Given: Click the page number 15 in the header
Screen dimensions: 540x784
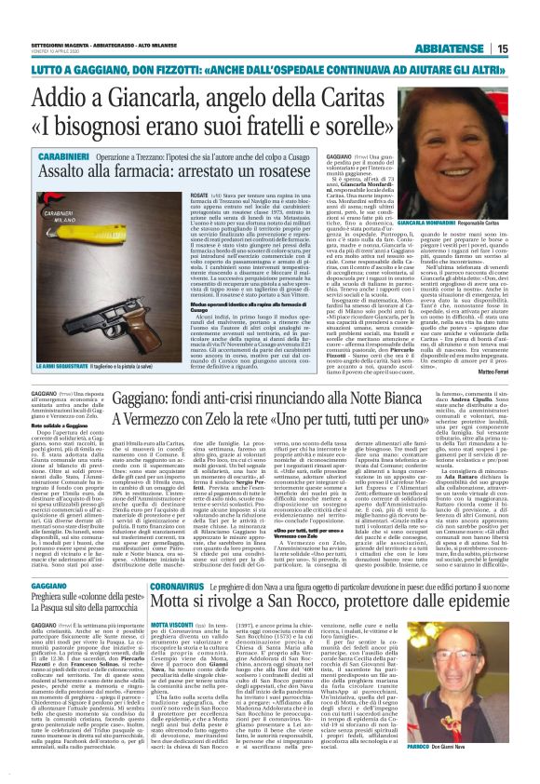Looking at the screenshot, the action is coord(526,48).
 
